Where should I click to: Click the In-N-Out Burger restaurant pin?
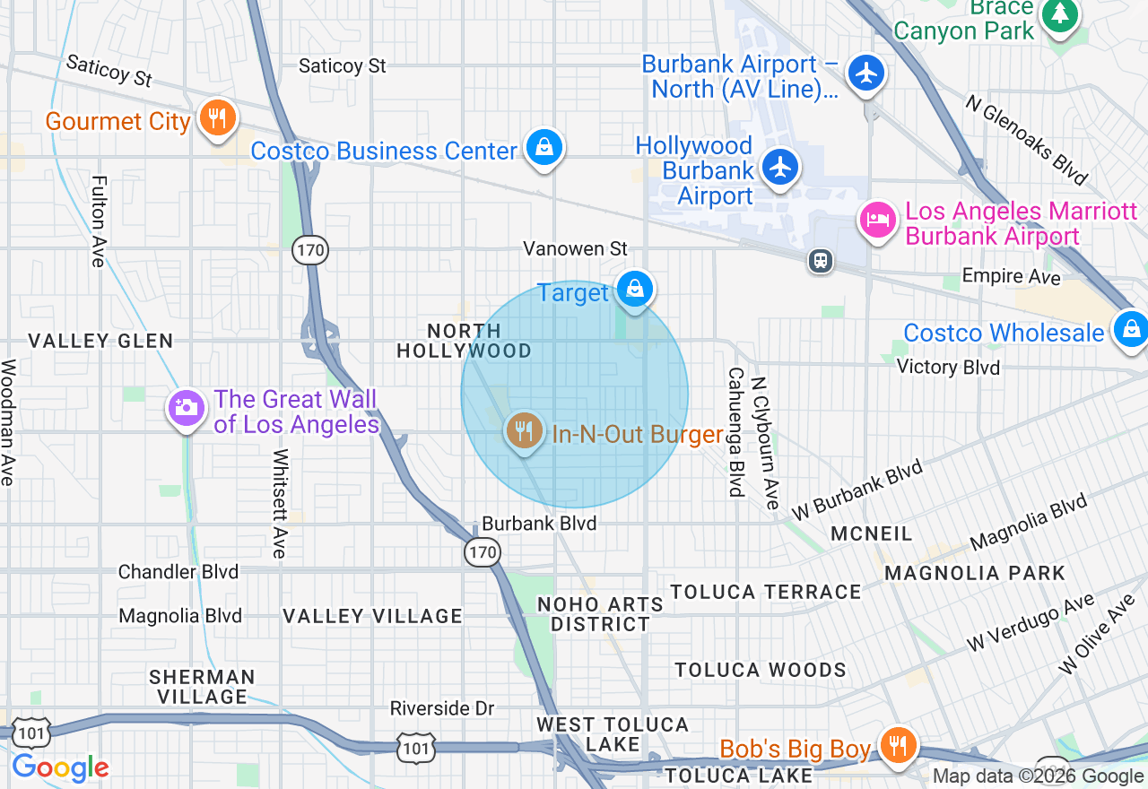(x=524, y=431)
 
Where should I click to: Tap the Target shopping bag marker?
(x=635, y=289)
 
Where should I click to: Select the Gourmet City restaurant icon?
(x=217, y=117)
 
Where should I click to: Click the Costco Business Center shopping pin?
(x=544, y=147)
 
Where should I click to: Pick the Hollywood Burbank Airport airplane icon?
(x=780, y=166)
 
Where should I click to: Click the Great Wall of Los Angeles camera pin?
(x=186, y=408)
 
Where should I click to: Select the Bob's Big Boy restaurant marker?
(x=895, y=744)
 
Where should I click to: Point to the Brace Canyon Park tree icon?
(x=1061, y=13)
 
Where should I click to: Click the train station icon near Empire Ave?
(x=820, y=261)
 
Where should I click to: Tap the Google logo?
(x=60, y=767)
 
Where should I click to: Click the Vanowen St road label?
(x=576, y=248)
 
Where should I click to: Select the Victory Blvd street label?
(x=949, y=367)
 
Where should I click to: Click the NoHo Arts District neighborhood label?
(x=600, y=614)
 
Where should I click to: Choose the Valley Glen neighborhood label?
(x=100, y=341)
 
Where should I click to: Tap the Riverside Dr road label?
(x=442, y=708)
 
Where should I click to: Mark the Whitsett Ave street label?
(x=280, y=503)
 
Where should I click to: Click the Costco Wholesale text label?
(x=1004, y=333)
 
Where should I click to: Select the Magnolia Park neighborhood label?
(x=975, y=573)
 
